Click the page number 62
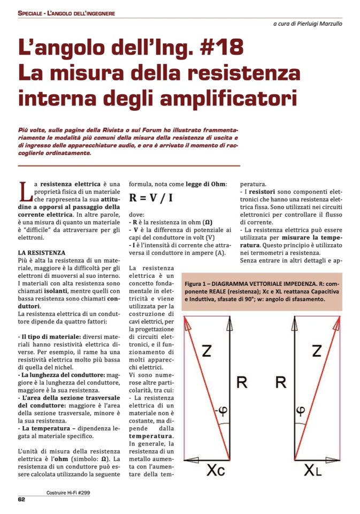click(x=22, y=500)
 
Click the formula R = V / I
click(x=151, y=198)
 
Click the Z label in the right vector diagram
click(x=317, y=351)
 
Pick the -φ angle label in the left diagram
click(x=219, y=411)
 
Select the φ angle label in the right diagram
click(x=301, y=411)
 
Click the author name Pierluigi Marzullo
click(x=316, y=24)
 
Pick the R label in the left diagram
click(x=241, y=381)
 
